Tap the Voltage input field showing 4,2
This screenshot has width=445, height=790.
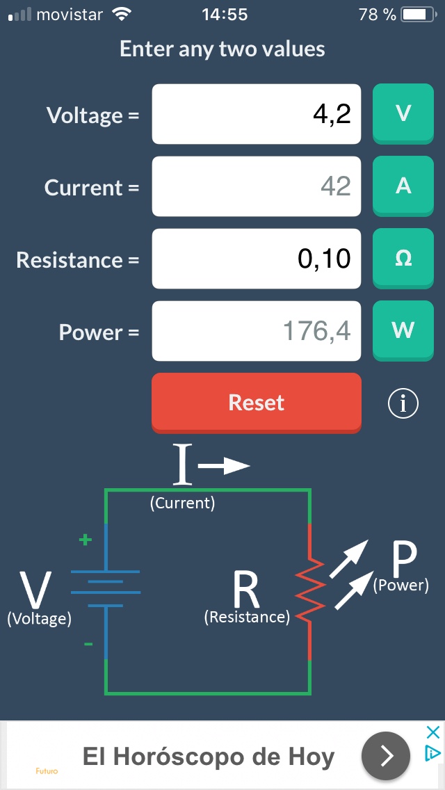click(x=257, y=114)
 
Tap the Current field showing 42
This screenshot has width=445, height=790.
click(x=257, y=186)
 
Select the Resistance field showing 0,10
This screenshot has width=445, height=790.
click(x=257, y=259)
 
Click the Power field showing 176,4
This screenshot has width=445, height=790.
click(x=257, y=331)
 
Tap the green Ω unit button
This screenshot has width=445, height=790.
click(x=403, y=258)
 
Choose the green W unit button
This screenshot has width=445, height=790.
click(x=403, y=330)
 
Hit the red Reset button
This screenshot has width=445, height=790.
click(x=257, y=403)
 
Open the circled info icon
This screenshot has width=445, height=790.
click(x=403, y=403)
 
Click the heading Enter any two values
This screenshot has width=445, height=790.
click(x=222, y=49)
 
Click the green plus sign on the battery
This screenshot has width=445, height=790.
click(x=85, y=540)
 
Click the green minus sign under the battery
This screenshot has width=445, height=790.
click(x=88, y=645)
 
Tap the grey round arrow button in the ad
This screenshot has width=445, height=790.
click(x=386, y=755)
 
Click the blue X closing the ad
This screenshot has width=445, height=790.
click(x=432, y=732)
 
